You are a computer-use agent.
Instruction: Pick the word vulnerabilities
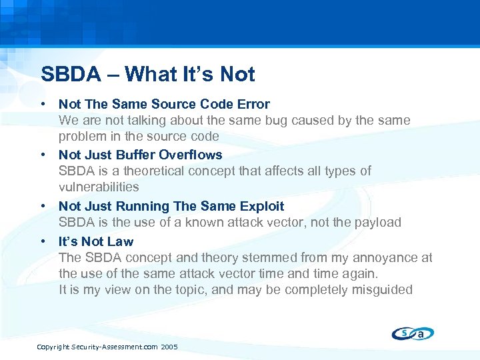[99, 187]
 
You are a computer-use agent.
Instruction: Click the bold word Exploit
[260, 206]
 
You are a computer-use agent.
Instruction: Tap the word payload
[377, 222]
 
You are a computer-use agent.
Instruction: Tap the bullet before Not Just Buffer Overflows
[43, 155]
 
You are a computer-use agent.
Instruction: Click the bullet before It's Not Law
[43, 241]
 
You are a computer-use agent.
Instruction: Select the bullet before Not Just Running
[43, 206]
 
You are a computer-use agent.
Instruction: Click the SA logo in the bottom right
[413, 333]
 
